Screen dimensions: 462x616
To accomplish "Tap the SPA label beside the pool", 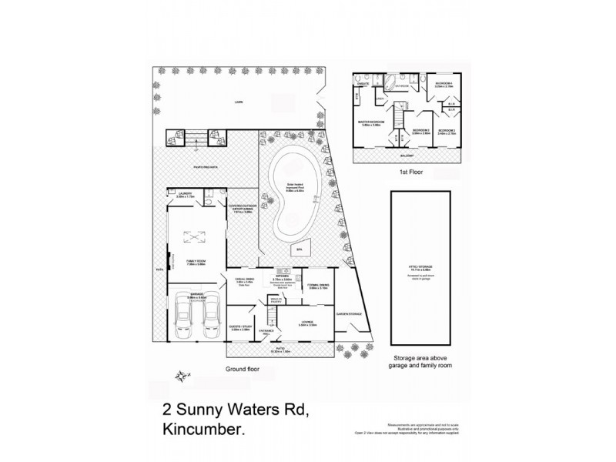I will coord(298,249).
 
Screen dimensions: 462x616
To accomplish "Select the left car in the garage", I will coord(182,316).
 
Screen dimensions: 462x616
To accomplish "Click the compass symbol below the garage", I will coord(182,376).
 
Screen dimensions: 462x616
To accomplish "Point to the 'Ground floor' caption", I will coord(246,370).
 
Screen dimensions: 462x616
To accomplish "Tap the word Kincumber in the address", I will coord(206,433).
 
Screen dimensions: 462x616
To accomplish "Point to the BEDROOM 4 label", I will coord(444,82).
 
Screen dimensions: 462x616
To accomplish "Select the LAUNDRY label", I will coord(185,194).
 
